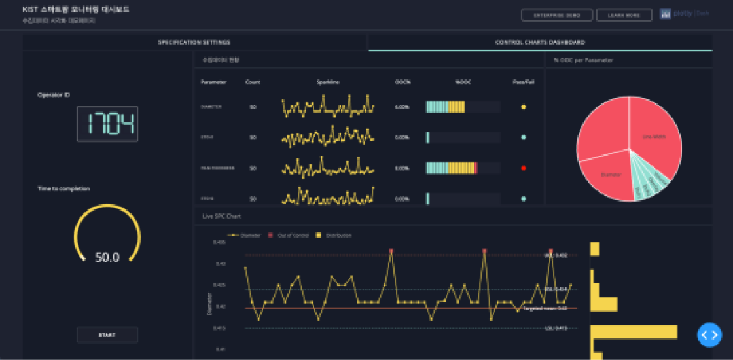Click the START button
[107, 334]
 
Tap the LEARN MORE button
[624, 15]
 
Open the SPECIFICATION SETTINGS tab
[194, 42]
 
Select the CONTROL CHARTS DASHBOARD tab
[540, 42]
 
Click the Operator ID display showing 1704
[107, 124]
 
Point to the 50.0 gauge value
[107, 257]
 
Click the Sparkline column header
[327, 82]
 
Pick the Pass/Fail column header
[523, 82]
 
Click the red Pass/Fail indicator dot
[524, 168]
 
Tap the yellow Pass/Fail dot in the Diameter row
[524, 106]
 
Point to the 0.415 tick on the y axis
[219, 328]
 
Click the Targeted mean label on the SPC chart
[545, 308]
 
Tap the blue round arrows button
[709, 334]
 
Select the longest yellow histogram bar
[634, 332]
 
